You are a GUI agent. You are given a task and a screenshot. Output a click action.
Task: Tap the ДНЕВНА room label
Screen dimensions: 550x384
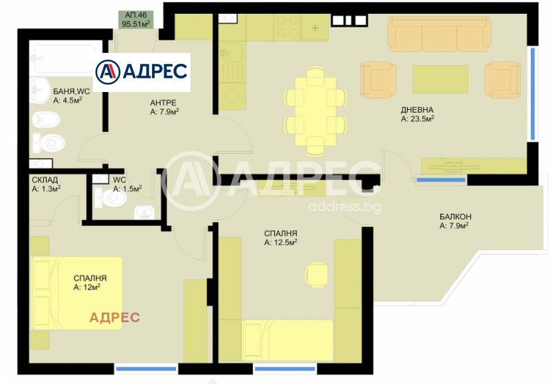(417, 110)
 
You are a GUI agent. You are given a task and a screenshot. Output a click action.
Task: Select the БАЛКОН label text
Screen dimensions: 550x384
(455, 216)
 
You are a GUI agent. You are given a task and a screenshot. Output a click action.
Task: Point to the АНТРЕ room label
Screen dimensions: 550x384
(163, 102)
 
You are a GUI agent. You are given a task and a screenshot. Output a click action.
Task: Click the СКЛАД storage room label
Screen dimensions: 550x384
(45, 180)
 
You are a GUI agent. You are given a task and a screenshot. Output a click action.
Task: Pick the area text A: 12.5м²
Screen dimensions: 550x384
(280, 242)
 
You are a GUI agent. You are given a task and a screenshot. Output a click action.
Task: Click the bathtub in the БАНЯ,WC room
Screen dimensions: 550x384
(65, 57)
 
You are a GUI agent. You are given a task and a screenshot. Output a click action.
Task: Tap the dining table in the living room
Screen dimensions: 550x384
(316, 111)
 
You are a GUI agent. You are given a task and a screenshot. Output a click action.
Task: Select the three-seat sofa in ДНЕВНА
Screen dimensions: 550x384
(439, 35)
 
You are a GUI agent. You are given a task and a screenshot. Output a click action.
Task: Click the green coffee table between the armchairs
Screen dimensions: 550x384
(441, 79)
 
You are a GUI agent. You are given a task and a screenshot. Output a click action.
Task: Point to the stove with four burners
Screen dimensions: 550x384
(287, 27)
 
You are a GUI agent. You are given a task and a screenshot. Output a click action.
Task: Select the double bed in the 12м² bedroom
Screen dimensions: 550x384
(77, 293)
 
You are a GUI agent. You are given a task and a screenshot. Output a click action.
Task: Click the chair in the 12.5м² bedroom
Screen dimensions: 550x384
(316, 275)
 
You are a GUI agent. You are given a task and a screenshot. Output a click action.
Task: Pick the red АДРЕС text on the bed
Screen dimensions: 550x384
(114, 317)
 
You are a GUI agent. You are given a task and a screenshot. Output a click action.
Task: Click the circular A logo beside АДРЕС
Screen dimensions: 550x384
(108, 72)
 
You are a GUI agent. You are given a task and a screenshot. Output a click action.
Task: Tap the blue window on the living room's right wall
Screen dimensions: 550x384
(533, 93)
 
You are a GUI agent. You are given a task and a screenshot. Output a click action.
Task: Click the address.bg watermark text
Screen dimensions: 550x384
(344, 206)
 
